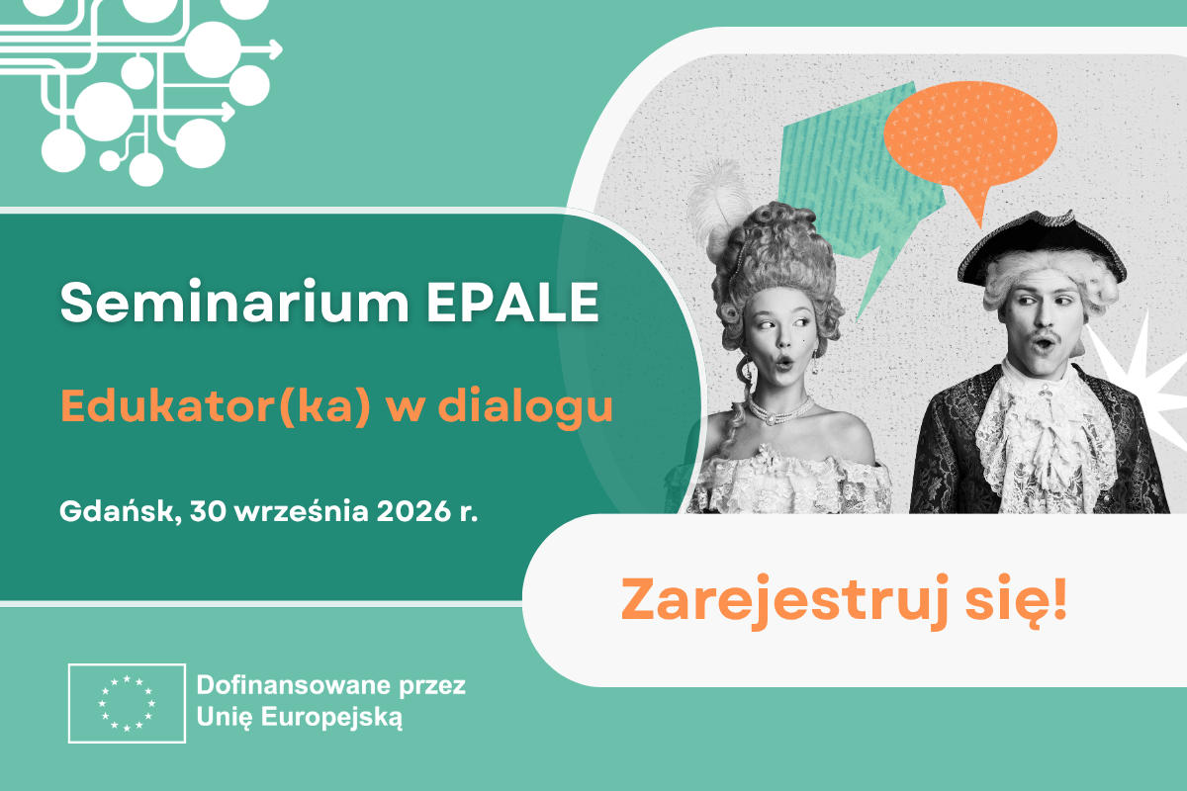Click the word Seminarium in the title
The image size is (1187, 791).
click(x=234, y=302)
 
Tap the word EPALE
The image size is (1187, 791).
click(x=513, y=302)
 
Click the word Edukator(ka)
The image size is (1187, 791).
click(x=216, y=405)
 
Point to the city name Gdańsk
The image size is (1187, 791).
click(x=121, y=511)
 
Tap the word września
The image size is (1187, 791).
click(x=301, y=511)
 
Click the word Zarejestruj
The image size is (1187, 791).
click(x=785, y=602)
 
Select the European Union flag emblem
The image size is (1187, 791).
click(x=127, y=703)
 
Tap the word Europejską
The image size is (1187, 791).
click(x=331, y=718)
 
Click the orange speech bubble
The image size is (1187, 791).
click(x=970, y=137)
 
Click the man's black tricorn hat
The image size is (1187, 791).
click(x=1042, y=248)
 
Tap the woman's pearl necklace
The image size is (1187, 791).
click(x=781, y=411)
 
